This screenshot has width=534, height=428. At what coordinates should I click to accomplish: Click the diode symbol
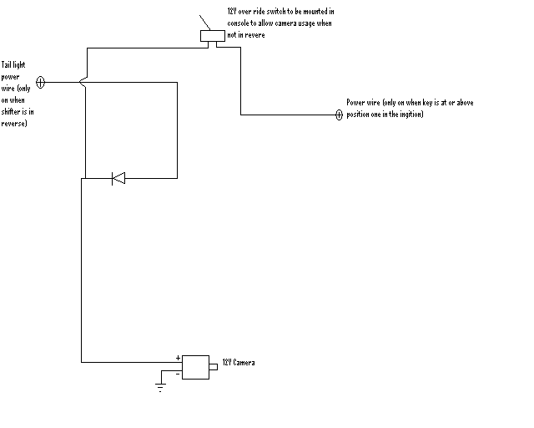tap(118, 178)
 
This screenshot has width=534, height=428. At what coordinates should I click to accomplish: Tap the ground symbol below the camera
tap(160, 387)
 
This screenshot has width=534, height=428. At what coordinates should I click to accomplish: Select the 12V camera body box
tap(195, 367)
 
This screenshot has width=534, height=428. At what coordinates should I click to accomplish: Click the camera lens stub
tap(214, 367)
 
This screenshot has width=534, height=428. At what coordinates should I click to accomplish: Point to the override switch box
tap(213, 36)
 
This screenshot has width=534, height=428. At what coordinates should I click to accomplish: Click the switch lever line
tap(204, 23)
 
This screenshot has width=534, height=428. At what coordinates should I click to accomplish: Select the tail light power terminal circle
tap(40, 82)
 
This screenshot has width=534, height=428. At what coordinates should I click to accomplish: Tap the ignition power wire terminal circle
tap(339, 115)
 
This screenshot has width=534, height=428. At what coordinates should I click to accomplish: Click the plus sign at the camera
tap(178, 358)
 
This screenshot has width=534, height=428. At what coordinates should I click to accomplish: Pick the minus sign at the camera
tap(178, 374)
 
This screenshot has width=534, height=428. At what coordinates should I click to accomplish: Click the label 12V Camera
tap(239, 362)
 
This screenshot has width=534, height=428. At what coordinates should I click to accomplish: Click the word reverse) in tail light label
tap(14, 123)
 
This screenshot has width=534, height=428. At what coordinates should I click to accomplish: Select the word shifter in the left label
tap(11, 111)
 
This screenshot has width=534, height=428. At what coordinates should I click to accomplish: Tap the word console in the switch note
tap(238, 23)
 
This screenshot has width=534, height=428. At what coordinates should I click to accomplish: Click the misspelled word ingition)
tap(411, 115)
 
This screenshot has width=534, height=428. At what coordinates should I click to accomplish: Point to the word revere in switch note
tap(255, 35)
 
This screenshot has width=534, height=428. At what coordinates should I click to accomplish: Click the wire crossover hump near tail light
tap(83, 82)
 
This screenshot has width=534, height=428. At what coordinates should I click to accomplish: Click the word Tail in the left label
tap(6, 64)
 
